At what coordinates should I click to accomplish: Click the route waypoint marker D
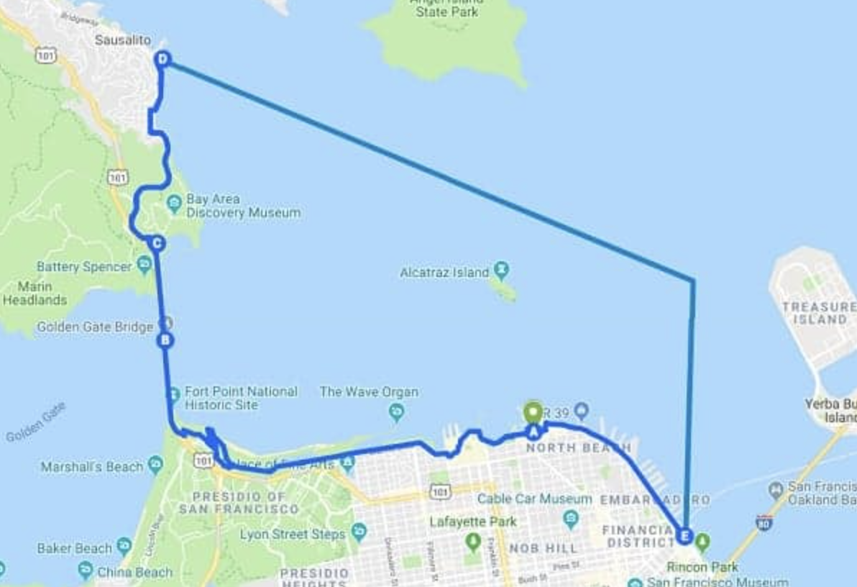pyautogui.click(x=162, y=59)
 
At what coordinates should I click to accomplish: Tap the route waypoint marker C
pyautogui.click(x=157, y=243)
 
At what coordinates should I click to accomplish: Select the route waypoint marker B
pyautogui.click(x=165, y=340)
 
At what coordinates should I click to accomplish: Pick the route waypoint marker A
pyautogui.click(x=533, y=432)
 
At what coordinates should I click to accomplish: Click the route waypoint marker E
pyautogui.click(x=684, y=536)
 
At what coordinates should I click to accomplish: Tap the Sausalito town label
pyautogui.click(x=123, y=40)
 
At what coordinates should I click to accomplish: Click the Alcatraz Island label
pyautogui.click(x=444, y=273)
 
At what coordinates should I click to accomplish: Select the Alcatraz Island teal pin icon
pyautogui.click(x=502, y=271)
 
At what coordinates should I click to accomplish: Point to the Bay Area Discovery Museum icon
pyautogui.click(x=174, y=204)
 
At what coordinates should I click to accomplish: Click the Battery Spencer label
pyautogui.click(x=84, y=267)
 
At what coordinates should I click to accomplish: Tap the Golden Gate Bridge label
pyautogui.click(x=95, y=327)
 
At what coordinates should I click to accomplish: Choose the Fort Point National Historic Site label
pyautogui.click(x=241, y=398)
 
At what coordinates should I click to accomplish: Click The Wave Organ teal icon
pyautogui.click(x=395, y=412)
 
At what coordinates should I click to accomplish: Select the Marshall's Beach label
pyautogui.click(x=92, y=467)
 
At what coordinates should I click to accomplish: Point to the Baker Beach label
pyautogui.click(x=75, y=548)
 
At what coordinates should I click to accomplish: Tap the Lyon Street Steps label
pyautogui.click(x=293, y=534)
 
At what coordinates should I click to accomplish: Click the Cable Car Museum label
pyautogui.click(x=534, y=499)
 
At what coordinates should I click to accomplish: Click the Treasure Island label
pyautogui.click(x=818, y=312)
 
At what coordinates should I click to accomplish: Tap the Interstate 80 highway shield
pyautogui.click(x=764, y=523)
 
